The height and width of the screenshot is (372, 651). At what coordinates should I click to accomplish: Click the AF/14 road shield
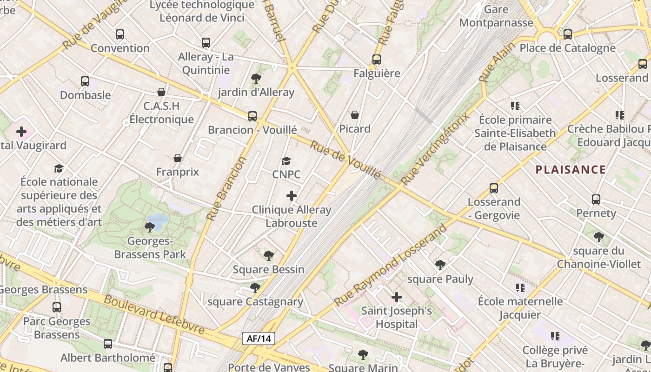(259, 339)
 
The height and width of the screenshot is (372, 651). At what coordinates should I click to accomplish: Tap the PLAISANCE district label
(571, 170)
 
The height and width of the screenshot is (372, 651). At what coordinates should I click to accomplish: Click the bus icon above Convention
(120, 34)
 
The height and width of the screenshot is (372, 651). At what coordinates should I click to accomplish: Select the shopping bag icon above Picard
(355, 115)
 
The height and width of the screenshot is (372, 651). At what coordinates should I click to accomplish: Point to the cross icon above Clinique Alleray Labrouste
(292, 196)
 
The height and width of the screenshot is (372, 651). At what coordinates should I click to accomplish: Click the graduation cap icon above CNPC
(286, 161)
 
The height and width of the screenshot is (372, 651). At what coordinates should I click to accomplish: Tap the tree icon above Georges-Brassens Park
(149, 227)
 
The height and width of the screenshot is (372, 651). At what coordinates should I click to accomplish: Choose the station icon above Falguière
(377, 60)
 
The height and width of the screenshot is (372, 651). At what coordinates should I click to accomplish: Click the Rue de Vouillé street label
(345, 160)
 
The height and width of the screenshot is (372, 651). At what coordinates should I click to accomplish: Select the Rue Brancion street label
(226, 188)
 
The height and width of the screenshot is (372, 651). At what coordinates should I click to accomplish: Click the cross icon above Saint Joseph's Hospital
(397, 297)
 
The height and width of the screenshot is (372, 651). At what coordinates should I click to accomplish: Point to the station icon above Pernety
(596, 199)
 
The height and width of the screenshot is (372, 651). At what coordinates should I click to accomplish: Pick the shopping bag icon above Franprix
(177, 159)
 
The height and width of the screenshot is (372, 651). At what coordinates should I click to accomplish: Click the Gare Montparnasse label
(496, 16)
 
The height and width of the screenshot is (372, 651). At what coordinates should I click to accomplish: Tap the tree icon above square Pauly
(440, 265)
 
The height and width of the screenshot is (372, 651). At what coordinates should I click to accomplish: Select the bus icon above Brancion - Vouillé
(252, 116)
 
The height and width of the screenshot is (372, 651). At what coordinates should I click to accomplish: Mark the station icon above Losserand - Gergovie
(494, 188)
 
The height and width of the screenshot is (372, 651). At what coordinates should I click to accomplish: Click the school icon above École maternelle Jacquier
(520, 288)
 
